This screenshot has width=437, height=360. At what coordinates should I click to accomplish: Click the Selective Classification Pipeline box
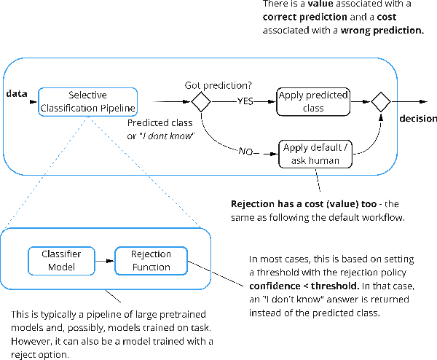[x=87, y=101]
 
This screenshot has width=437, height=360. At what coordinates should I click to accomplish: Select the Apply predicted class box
[x=312, y=101]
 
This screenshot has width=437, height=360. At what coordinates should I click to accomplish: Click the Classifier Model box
[x=61, y=260]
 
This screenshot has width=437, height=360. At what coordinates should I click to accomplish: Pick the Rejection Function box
[x=150, y=260]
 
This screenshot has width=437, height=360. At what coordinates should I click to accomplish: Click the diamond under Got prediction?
[x=200, y=102]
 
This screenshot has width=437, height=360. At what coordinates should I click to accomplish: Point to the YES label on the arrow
[x=245, y=102]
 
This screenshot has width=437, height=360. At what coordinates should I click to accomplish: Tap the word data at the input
[x=17, y=95]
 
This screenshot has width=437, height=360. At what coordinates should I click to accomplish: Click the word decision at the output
[x=417, y=119]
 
